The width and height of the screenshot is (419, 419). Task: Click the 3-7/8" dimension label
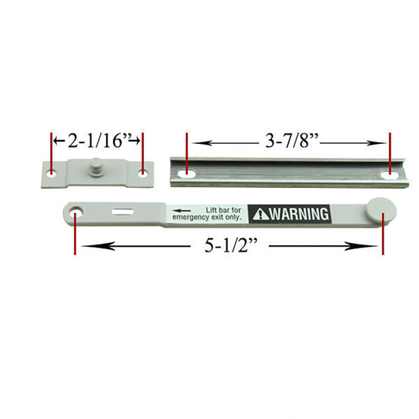(x=292, y=141)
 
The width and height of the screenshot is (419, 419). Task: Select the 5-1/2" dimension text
(x=231, y=245)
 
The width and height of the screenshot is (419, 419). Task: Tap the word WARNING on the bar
(x=300, y=214)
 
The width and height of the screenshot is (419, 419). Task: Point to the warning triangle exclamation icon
(x=261, y=215)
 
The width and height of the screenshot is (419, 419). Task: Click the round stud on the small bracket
(x=95, y=167)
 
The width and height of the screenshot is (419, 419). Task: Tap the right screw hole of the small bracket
(x=143, y=175)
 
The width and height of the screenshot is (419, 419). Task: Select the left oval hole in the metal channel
(x=186, y=175)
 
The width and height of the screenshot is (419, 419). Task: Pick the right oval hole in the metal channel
(x=391, y=175)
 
